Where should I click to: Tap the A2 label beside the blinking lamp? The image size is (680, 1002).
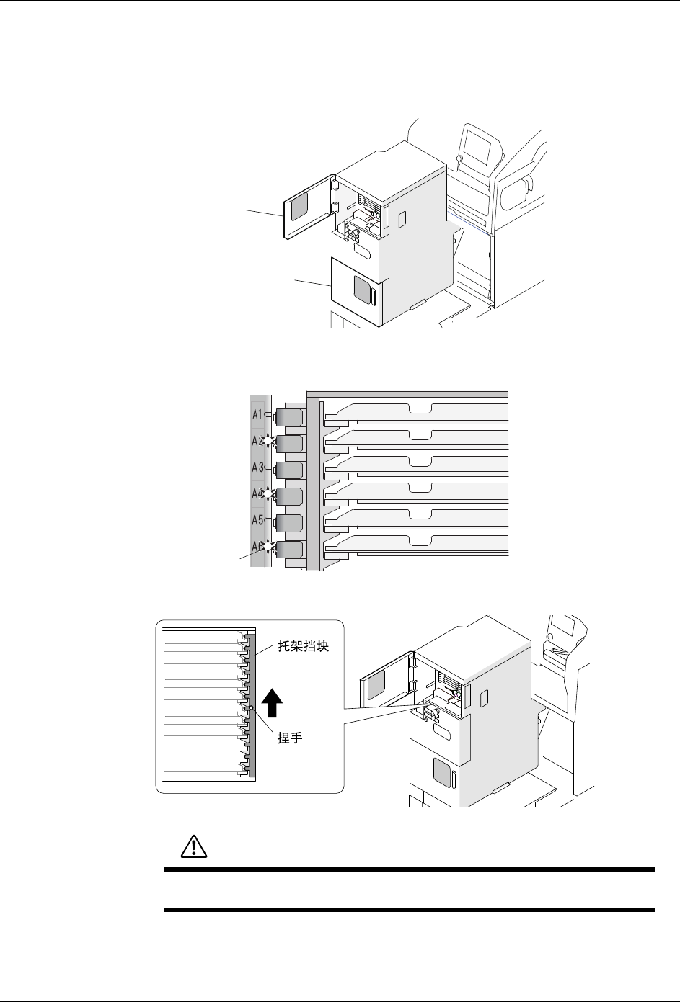click(x=257, y=441)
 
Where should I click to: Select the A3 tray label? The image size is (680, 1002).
click(x=257, y=468)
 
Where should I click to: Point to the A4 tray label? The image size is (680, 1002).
click(x=257, y=494)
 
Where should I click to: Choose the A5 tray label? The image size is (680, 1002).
click(x=257, y=520)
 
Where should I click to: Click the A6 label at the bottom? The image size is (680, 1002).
click(x=257, y=547)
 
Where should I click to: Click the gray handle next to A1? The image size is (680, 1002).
click(x=289, y=416)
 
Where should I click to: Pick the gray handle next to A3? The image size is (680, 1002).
click(x=289, y=470)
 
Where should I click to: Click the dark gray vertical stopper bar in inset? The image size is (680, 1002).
click(x=251, y=706)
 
